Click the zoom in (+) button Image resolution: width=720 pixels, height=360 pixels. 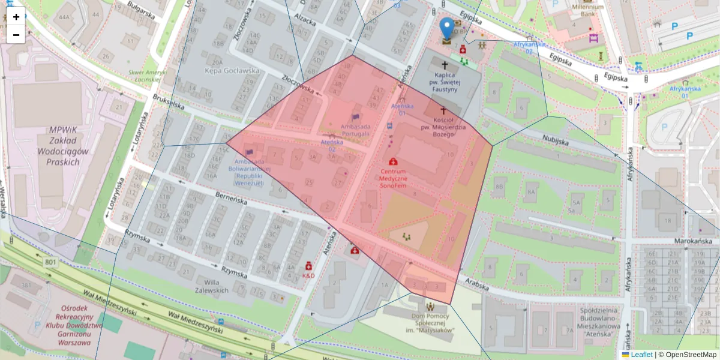[16, 17]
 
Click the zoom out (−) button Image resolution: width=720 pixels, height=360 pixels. [16, 35]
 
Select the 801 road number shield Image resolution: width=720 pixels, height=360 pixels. [51, 262]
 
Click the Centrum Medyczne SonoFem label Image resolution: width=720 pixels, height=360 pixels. [393, 179]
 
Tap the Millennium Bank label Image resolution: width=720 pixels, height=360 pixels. [583, 10]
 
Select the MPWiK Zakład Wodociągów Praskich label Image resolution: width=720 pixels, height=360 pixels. [58, 146]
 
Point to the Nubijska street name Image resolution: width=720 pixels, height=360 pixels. [554, 141]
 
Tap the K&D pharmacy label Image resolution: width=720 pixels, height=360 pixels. [308, 275]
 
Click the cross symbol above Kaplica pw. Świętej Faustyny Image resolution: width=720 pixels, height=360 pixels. [445, 64]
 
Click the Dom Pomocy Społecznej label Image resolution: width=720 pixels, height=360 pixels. [429, 325]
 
